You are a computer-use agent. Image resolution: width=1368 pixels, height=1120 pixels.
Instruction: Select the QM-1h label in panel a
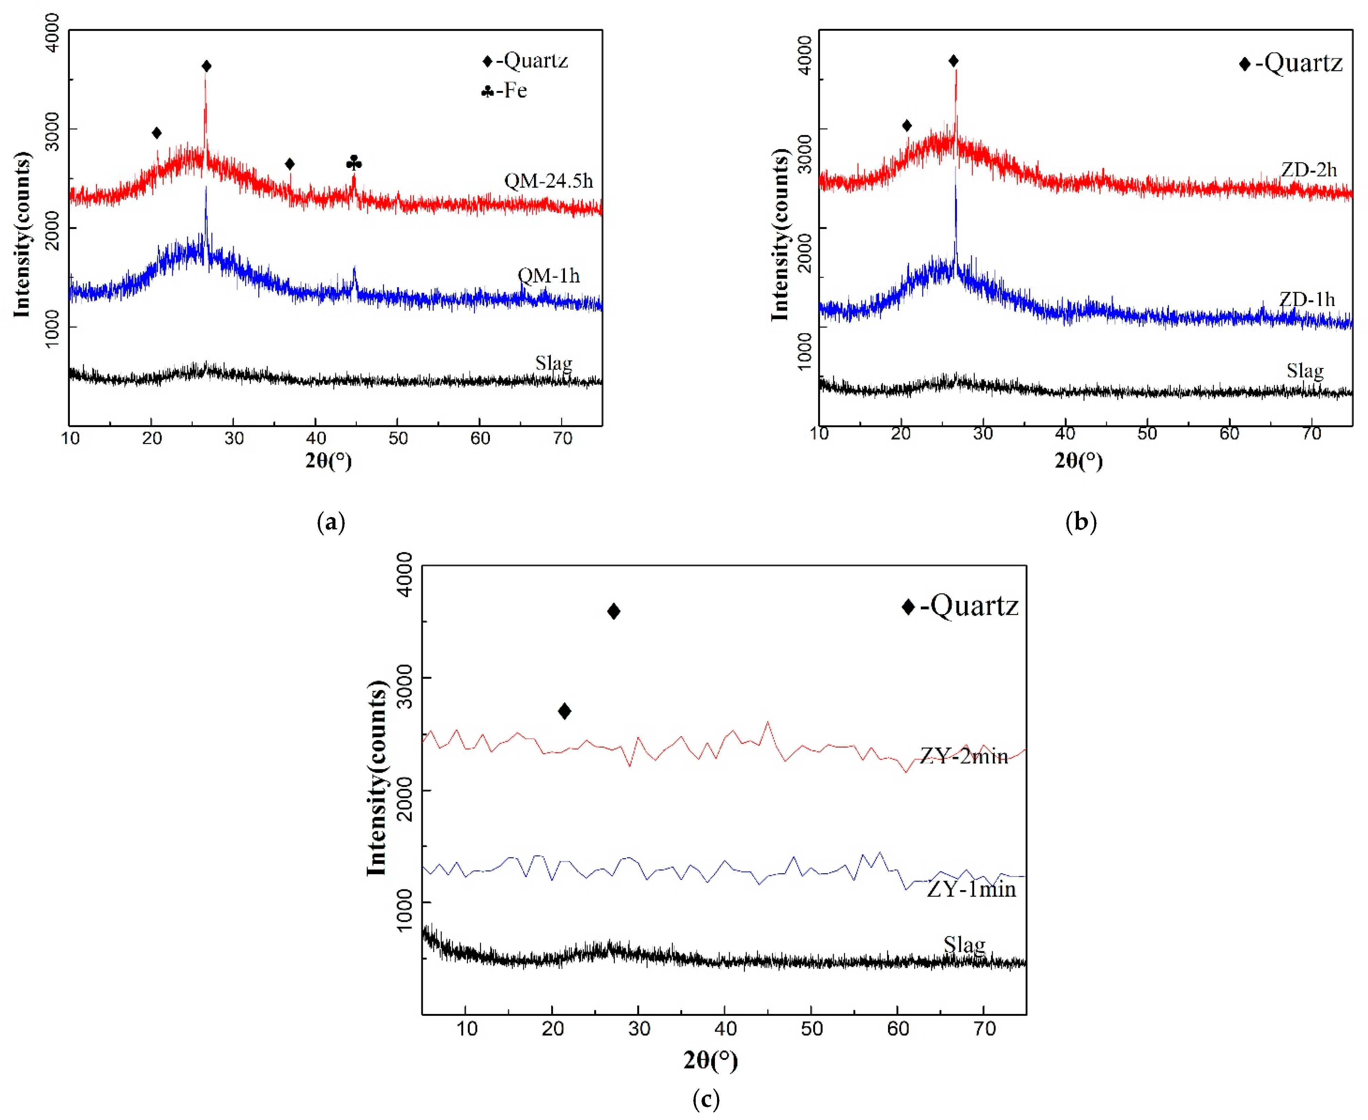coord(549,276)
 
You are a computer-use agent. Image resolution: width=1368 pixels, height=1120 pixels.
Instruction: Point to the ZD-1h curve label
coord(1307,299)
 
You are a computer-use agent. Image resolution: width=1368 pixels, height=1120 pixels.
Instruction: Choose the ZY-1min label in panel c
coord(971,890)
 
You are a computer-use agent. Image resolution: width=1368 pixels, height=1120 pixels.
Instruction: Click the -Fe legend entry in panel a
coord(504,91)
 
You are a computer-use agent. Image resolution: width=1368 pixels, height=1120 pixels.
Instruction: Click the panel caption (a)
coord(332,521)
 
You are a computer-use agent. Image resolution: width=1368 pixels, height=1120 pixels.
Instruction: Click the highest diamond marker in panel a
coord(206,66)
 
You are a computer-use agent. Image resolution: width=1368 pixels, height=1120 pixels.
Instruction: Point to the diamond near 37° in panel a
coord(290,164)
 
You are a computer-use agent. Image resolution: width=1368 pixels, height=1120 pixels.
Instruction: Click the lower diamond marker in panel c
coord(564,711)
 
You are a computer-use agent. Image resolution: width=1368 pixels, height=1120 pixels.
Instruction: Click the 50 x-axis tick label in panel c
coord(811,1029)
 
